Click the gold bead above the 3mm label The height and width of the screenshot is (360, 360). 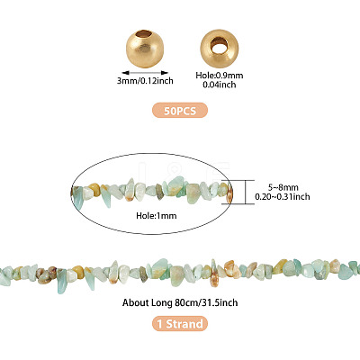146,48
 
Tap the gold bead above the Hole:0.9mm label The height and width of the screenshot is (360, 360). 220,48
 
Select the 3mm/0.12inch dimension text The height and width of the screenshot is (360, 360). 145,81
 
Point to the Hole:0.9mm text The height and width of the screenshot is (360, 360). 220,76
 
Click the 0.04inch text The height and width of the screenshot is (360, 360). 220,85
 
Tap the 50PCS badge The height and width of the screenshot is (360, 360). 180,110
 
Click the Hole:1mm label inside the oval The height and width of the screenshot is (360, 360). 157,215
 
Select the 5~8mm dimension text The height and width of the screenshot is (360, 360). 283,187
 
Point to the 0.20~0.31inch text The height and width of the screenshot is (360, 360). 283,197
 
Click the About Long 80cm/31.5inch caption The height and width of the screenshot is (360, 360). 180,302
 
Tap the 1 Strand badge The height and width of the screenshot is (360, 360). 180,324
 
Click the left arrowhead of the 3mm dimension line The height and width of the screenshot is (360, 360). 124,73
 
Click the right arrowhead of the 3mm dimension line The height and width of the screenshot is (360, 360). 165,73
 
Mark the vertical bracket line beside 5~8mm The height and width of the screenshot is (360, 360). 246,192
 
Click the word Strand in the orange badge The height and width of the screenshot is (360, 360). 184,324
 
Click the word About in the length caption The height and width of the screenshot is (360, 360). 134,302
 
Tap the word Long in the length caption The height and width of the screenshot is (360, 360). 160,303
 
